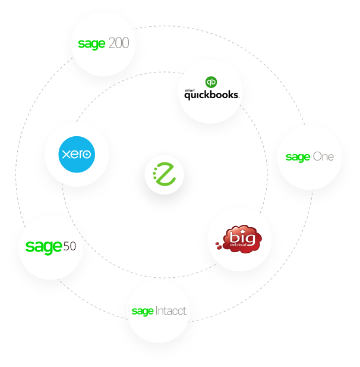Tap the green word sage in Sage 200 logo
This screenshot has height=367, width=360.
tap(91, 45)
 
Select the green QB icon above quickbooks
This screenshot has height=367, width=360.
tap(210, 82)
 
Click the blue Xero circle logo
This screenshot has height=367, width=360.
tap(77, 154)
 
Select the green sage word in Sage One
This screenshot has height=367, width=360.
tap(298, 158)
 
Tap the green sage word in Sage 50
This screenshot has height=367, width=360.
tap(43, 247)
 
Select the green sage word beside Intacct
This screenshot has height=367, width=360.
tap(143, 311)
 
